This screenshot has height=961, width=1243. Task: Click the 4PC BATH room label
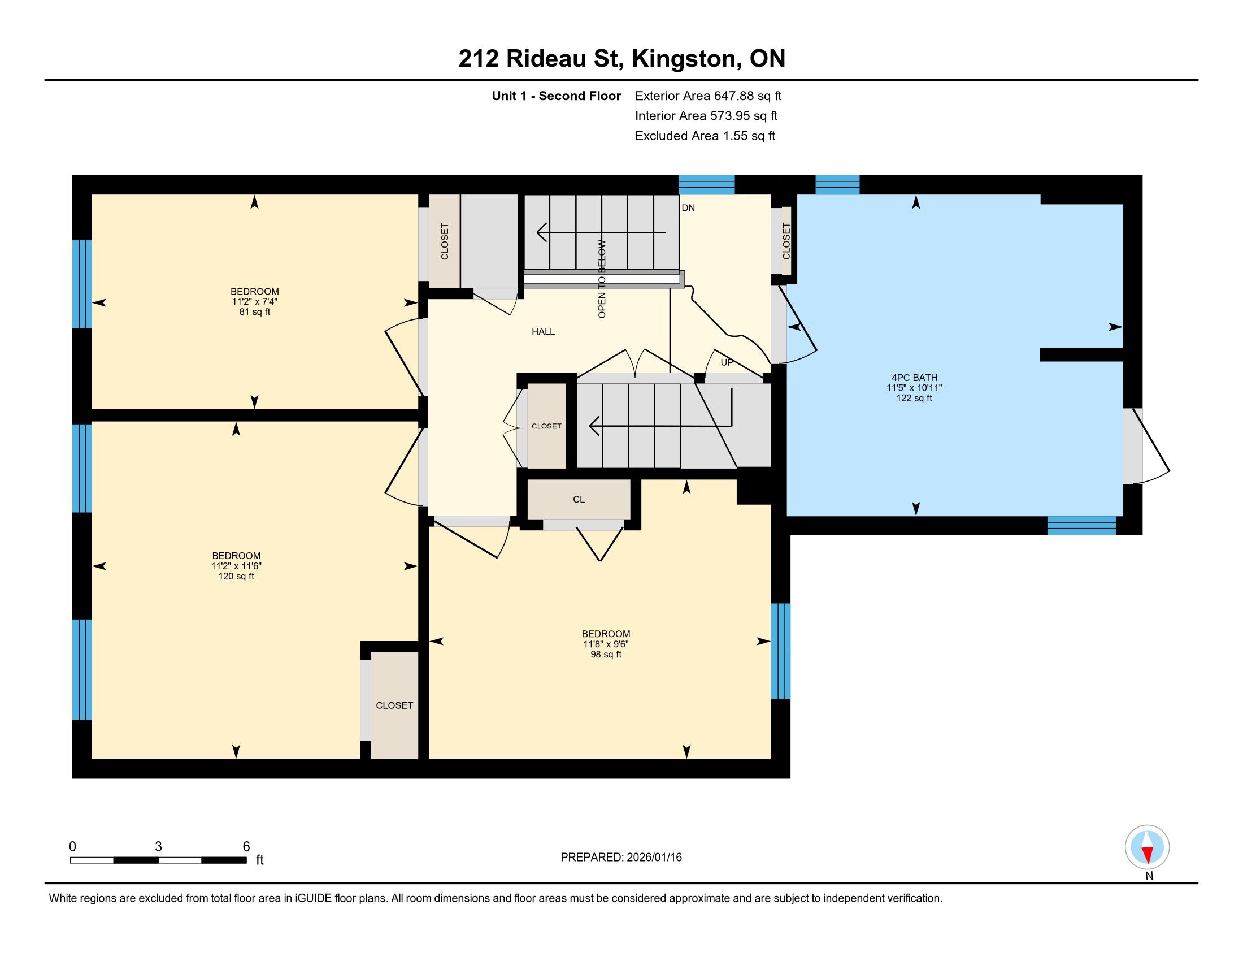point(914,378)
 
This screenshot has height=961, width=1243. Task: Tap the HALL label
point(543,331)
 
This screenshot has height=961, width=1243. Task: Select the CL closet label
point(579,499)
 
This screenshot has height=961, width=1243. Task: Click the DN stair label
point(688,208)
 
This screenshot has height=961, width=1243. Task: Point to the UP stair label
point(727,362)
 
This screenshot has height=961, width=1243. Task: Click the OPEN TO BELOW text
point(602,279)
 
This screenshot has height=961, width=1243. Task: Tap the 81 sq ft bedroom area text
point(254,312)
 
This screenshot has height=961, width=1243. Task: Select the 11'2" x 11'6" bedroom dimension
point(236,566)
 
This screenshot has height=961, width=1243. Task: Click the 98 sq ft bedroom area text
point(606,655)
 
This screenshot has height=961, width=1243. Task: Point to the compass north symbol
point(1147,847)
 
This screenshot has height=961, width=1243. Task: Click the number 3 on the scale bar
point(158,847)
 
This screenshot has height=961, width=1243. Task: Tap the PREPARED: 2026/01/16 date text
point(621,858)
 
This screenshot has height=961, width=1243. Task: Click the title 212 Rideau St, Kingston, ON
point(621,59)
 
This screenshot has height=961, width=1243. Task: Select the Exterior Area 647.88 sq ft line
point(708,96)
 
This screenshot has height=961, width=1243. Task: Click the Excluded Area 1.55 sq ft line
point(705,136)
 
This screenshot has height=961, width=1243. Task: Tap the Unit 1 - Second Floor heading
point(556,96)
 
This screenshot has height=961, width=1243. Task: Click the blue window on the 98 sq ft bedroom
point(780,651)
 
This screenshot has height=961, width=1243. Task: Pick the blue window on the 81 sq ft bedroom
point(82,284)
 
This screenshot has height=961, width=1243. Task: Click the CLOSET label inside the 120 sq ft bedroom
point(394,705)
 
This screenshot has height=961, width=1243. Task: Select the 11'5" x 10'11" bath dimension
point(914,388)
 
